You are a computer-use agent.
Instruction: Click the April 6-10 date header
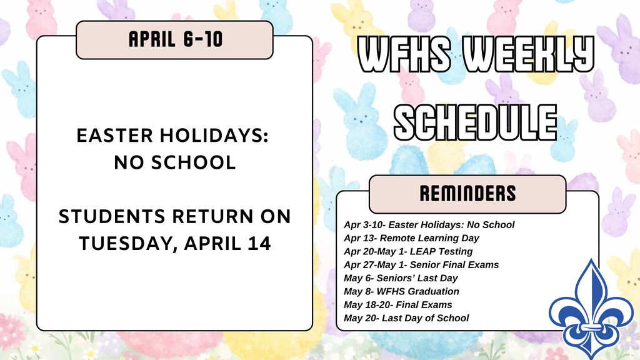174,39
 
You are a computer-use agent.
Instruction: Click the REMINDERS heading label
468,194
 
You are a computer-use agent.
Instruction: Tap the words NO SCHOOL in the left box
174,162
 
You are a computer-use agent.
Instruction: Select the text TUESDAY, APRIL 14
174,242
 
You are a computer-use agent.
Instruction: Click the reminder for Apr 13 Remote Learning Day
411,238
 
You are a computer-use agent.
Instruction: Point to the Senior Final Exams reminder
421,264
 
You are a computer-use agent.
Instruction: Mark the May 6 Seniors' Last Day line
401,278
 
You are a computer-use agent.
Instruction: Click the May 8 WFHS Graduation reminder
401,291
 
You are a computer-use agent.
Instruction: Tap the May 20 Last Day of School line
406,318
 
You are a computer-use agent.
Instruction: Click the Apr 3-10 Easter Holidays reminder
429,224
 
